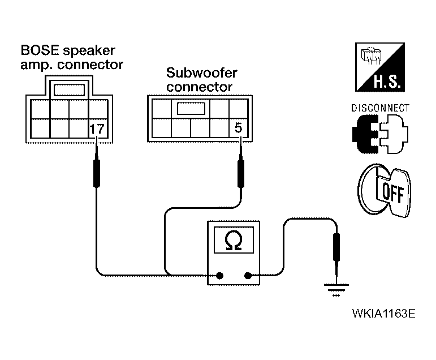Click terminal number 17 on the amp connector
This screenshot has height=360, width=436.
(97, 129)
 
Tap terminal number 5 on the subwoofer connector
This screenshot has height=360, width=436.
(239, 128)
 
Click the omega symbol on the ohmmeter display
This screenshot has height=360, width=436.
(234, 240)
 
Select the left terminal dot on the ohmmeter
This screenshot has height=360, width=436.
(219, 276)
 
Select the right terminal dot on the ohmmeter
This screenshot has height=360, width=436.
(248, 276)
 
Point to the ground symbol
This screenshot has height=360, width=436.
(336, 290)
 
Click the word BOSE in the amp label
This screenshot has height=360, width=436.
(40, 50)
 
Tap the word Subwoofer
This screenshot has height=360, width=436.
(201, 73)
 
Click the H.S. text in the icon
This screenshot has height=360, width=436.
(387, 82)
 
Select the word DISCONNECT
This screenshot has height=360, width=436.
(380, 108)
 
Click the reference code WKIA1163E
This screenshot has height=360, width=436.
(384, 314)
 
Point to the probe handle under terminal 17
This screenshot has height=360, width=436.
(97, 173)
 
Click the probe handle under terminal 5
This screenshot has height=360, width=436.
(241, 173)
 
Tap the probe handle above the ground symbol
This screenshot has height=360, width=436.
(336, 247)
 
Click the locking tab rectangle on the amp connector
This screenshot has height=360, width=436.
(69, 89)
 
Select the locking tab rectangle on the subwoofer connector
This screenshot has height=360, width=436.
(191, 108)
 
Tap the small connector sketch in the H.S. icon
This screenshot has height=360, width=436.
(371, 55)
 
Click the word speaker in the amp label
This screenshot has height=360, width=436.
(89, 51)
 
